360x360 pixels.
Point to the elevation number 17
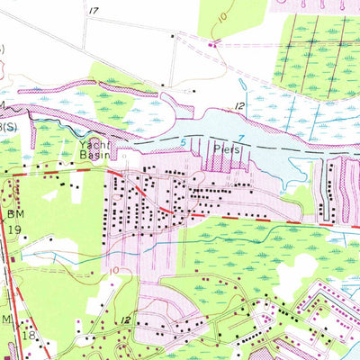pos(94,10)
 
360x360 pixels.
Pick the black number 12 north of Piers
pos(240,108)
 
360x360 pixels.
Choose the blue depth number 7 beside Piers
pos(241,137)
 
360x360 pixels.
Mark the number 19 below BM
pos(14,229)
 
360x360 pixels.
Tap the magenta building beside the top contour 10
pos(212,41)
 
